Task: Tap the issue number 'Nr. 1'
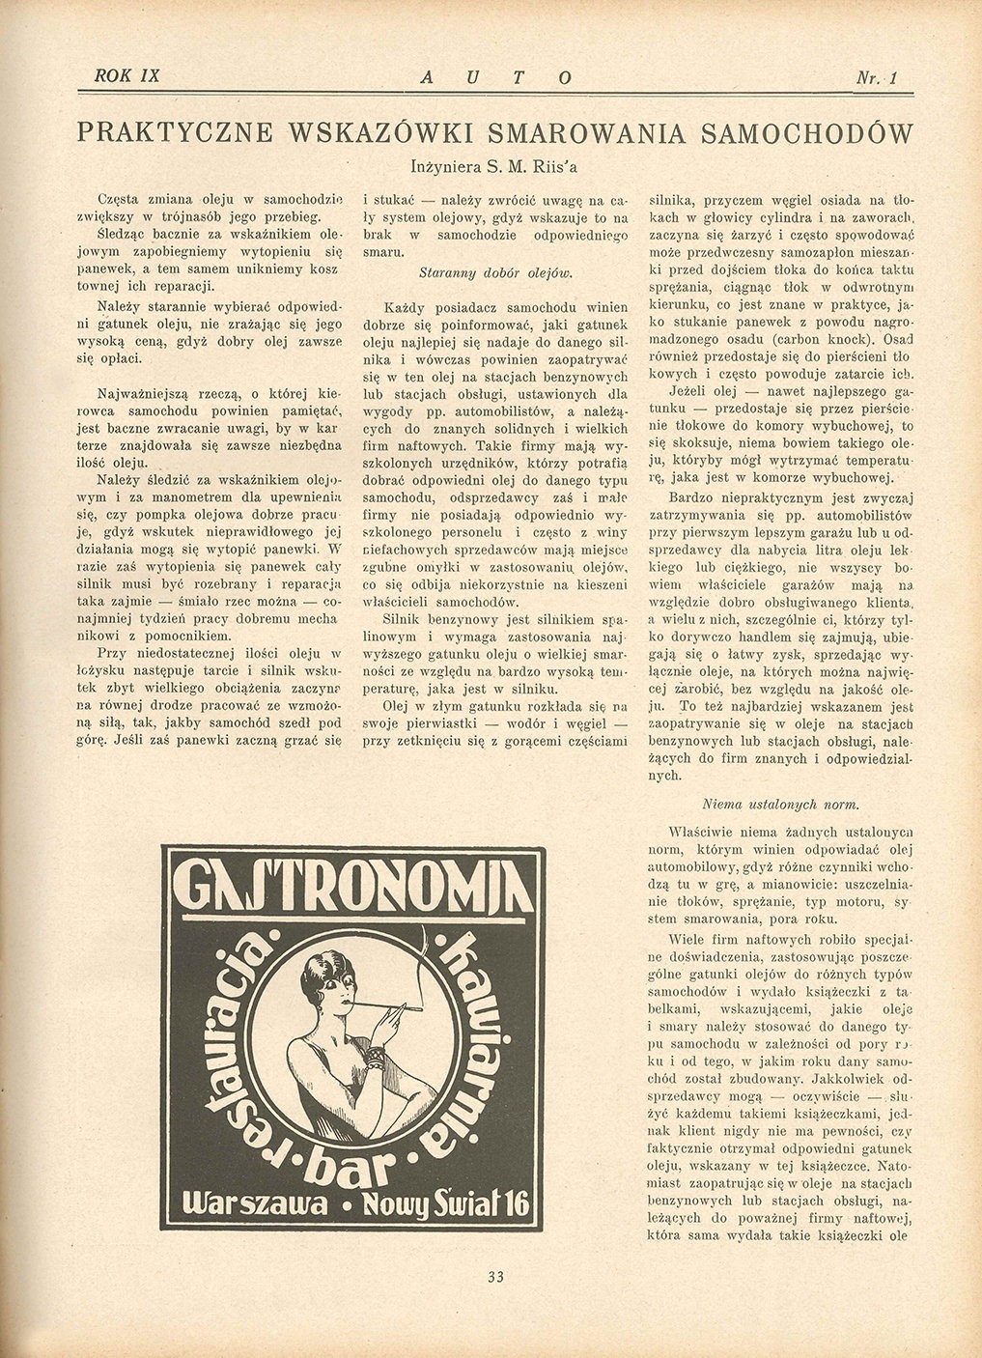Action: click(x=878, y=77)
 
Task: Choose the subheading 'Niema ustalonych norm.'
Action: click(x=780, y=804)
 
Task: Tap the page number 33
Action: click(x=496, y=1277)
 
